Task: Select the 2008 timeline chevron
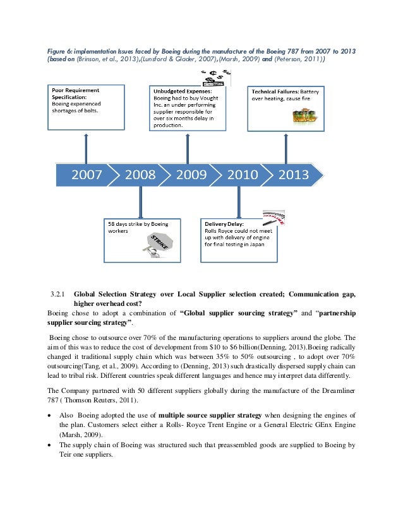(x=140, y=175)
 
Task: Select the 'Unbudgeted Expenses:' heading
(x=180, y=91)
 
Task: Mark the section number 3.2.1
(x=59, y=293)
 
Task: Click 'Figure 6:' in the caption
(x=61, y=50)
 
